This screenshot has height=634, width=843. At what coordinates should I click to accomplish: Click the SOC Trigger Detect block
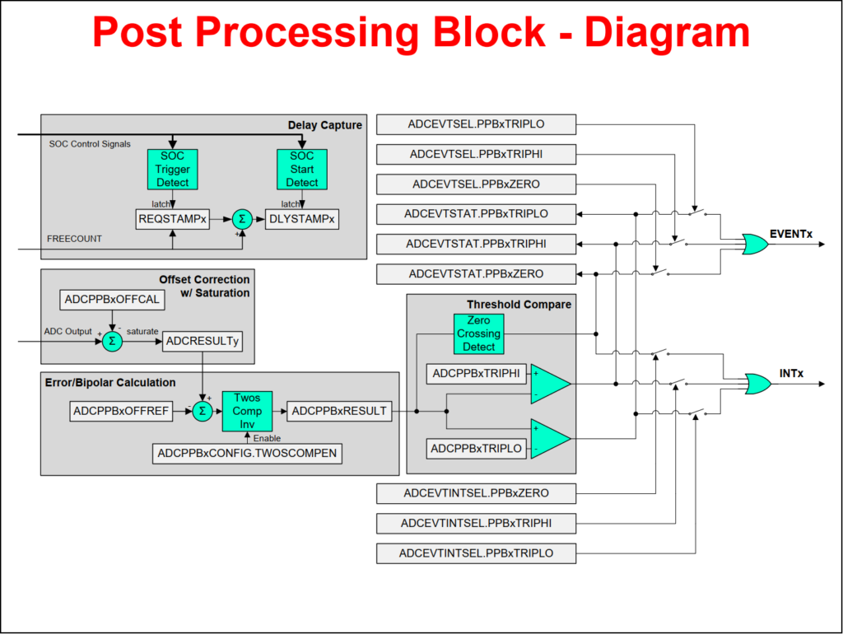tap(172, 170)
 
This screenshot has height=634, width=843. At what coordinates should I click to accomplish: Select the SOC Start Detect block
tap(302, 170)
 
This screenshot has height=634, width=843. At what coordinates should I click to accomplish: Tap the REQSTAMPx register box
tap(172, 219)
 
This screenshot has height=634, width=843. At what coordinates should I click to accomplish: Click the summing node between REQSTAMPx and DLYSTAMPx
tap(242, 219)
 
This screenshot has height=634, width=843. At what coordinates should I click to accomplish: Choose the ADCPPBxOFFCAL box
tap(112, 301)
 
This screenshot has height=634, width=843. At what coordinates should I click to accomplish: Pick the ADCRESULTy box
tap(203, 341)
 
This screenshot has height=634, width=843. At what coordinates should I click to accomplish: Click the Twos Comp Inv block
tap(247, 411)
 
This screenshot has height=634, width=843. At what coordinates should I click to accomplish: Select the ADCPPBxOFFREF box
tap(121, 411)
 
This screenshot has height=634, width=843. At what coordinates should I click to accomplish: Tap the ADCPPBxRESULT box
tap(339, 411)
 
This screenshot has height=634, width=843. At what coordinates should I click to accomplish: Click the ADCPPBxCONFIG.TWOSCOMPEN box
tap(247, 453)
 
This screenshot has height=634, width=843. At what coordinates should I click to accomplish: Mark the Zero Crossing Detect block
tap(478, 333)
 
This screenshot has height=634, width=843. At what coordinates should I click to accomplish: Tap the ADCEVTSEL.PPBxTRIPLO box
tap(476, 124)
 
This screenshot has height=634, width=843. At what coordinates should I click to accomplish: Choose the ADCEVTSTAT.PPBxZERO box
tap(476, 273)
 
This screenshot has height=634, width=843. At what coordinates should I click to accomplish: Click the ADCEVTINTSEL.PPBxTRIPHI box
tap(476, 523)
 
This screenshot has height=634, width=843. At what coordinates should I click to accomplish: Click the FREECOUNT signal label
tap(75, 239)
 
